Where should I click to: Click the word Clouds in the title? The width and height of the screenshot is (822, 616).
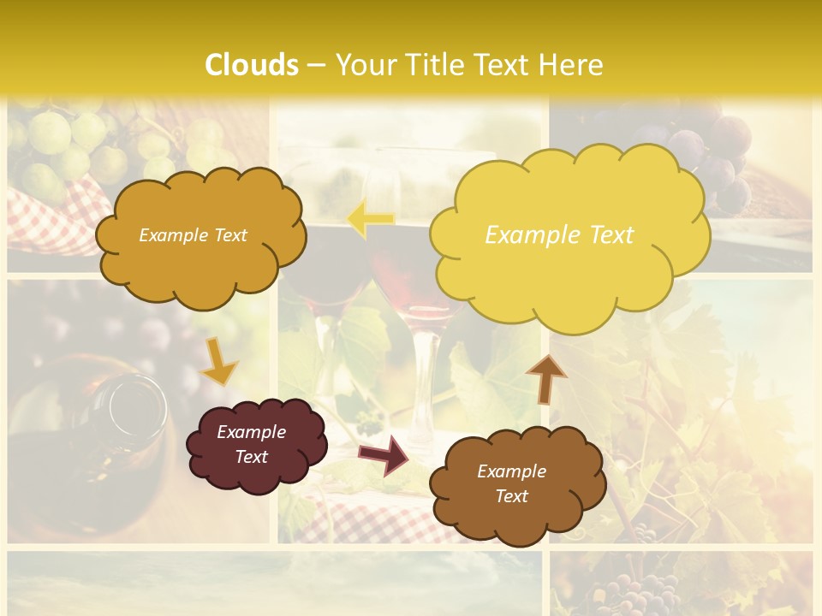tap(252, 64)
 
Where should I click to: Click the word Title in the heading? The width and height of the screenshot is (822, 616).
tap(433, 64)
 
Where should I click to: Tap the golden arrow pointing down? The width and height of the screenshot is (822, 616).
tap(220, 361)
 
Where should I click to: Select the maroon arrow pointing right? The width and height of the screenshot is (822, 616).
tap(384, 454)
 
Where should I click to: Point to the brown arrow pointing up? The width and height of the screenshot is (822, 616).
tap(545, 378)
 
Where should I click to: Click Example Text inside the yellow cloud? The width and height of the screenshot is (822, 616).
tap(559, 234)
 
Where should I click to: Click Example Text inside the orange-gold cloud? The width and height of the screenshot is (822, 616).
tap(193, 234)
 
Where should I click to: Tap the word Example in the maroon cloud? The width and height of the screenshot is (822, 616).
tap(251, 432)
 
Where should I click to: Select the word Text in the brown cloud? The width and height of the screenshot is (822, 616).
tap(511, 496)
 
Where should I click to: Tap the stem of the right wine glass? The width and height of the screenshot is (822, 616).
tap(421, 385)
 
